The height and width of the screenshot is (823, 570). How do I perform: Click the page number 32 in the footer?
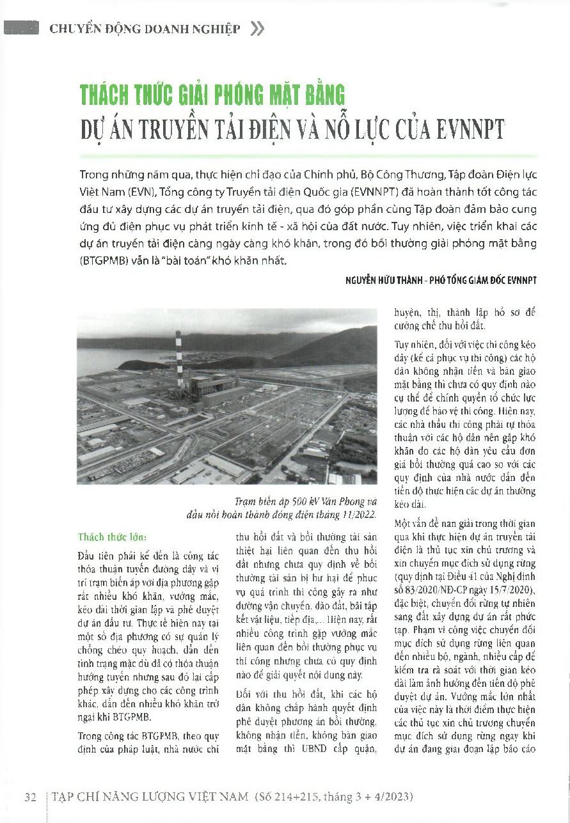tap(29, 797)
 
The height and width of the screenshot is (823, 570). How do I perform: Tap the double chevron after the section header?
tap(257, 29)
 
